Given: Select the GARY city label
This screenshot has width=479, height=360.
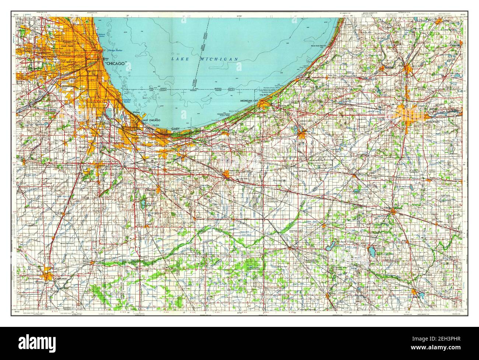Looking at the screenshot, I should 175,129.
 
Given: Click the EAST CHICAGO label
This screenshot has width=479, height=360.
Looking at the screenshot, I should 151,121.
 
